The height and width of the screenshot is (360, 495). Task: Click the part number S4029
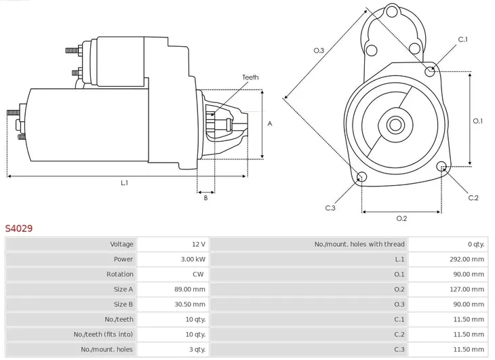pos(19,229)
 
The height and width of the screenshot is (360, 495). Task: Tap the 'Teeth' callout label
pos(250,78)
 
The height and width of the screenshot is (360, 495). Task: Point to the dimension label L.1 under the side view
pos(124,183)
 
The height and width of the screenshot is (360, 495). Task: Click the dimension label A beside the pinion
pos(270,124)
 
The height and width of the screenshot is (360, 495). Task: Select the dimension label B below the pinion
pos(205,198)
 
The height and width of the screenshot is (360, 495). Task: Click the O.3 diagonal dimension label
pos(319,50)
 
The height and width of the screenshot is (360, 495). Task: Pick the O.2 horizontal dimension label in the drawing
pos(401,218)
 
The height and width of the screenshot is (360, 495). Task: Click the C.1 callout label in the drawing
pos(463,40)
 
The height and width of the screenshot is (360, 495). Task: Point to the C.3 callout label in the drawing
pos(330,207)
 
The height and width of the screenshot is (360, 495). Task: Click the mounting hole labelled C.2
pos(442,167)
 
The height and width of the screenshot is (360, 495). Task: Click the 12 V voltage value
pos(199,244)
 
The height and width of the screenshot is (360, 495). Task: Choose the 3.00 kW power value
pos(193,259)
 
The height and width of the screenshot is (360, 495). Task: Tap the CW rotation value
pos(199,275)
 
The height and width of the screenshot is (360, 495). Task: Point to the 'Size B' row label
pos(123,304)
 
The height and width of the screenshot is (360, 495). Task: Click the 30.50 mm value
pos(190,304)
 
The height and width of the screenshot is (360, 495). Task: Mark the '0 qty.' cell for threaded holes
pos(475,244)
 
